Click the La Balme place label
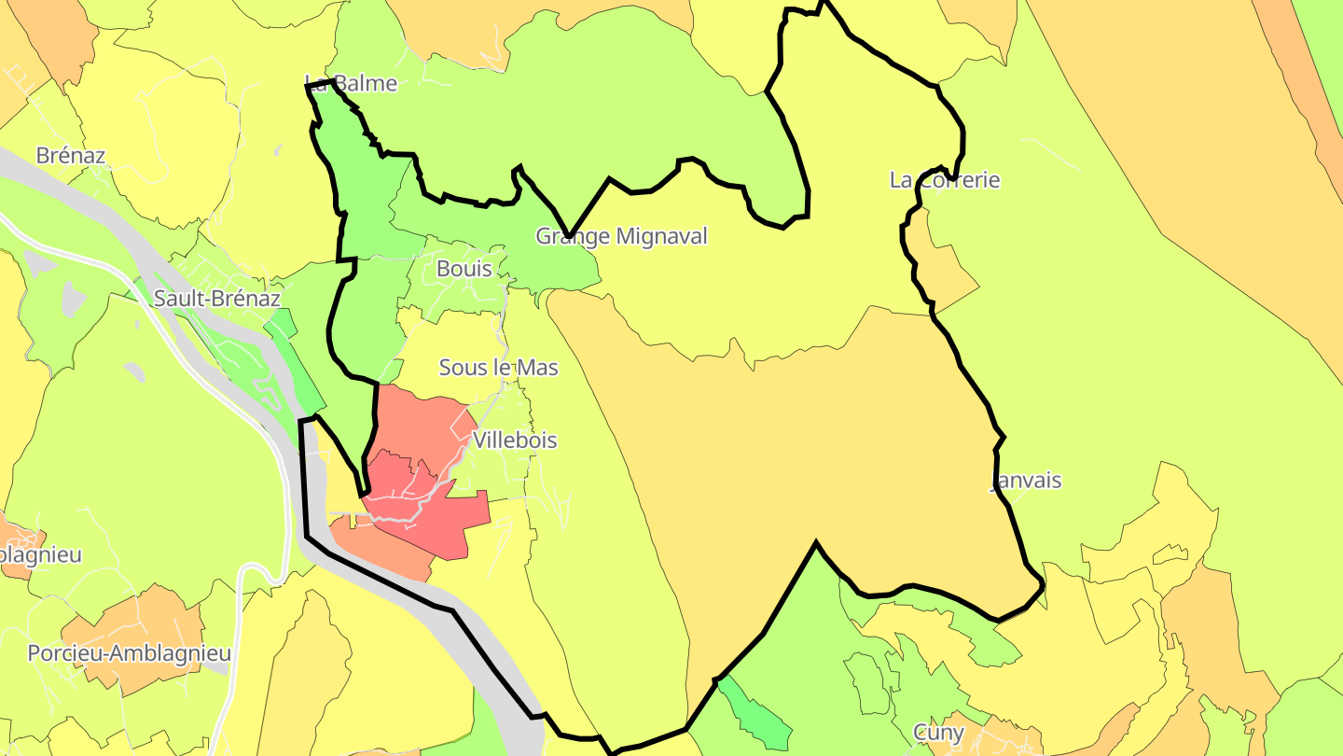point(352,84)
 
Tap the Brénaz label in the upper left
point(71,156)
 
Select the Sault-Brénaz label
point(217,299)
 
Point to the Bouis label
point(464,269)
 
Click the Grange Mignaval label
point(621,237)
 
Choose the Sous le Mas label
point(498,368)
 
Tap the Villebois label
point(515,440)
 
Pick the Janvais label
point(1025,482)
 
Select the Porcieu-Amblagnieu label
point(129,653)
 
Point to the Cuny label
point(938,733)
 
